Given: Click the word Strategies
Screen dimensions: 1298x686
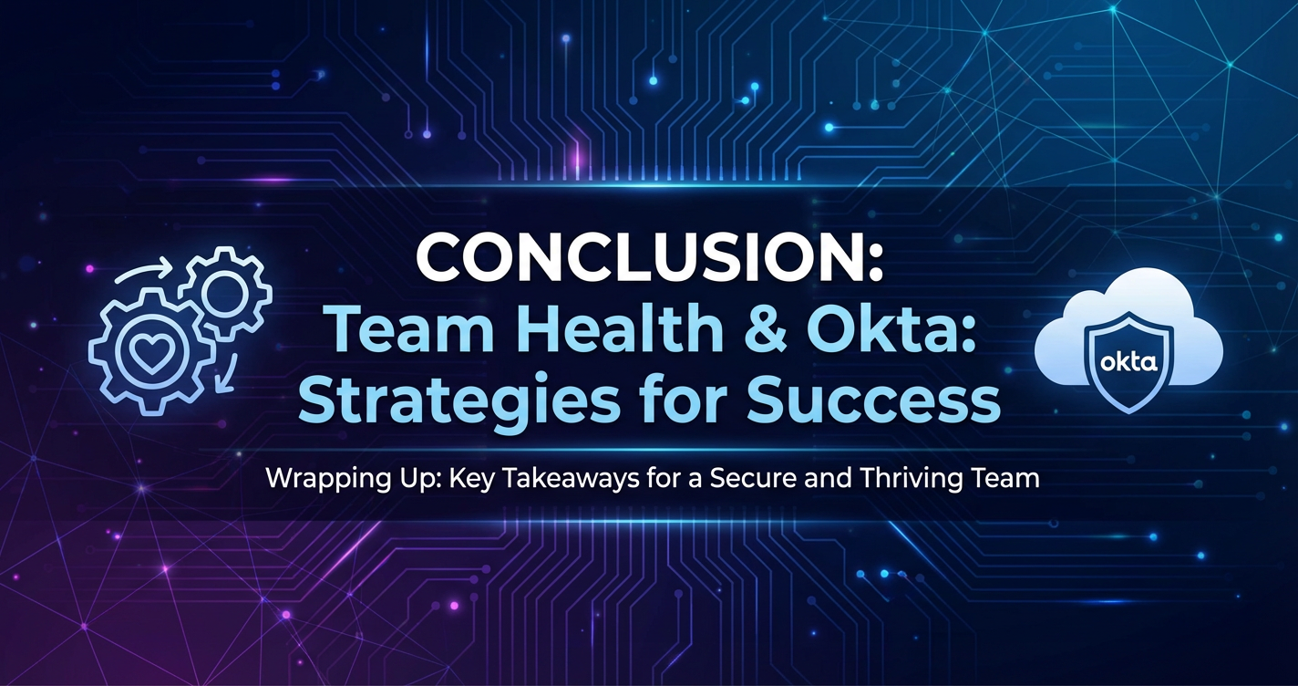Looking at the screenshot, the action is point(456,402).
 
